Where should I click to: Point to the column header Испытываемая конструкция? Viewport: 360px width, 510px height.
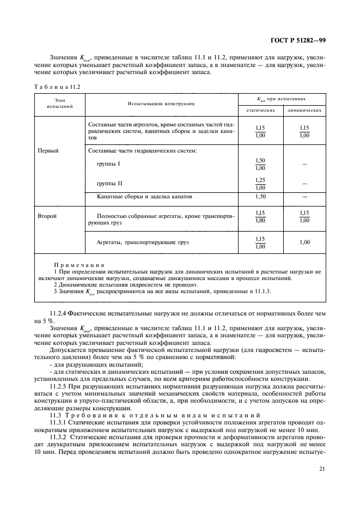coord(161,103)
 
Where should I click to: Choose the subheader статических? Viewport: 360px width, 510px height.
coord(260,110)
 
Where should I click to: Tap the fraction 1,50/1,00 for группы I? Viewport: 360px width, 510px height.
coord(260,164)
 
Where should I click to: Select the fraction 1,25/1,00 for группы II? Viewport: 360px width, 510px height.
coord(260,183)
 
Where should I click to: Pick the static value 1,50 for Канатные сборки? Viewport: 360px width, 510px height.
coord(260,196)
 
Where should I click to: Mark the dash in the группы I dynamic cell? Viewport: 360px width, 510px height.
coord(304,164)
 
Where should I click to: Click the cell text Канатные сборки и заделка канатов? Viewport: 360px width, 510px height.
coord(144,196)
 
